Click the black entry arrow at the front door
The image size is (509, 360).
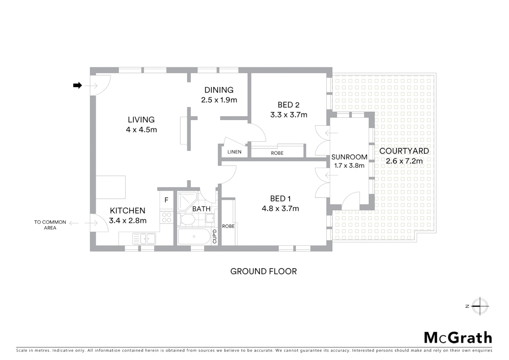point(77,86)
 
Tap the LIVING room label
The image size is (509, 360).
point(141,120)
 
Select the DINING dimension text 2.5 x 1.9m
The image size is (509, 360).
point(219,100)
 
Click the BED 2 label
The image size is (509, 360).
point(288,105)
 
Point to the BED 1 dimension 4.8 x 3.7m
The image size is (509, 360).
point(280,209)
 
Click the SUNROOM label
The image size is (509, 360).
point(349,157)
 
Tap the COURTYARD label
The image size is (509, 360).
point(404,151)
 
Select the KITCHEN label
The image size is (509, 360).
point(128,211)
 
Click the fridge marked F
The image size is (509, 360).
point(166,200)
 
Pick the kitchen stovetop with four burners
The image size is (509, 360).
point(166,217)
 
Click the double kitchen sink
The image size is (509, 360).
point(144,239)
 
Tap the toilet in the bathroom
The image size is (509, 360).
point(187,219)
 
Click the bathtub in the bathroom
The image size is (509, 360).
point(194,237)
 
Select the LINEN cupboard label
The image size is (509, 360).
point(234,152)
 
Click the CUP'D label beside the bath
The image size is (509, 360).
point(215,237)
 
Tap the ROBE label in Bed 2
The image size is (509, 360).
point(277,153)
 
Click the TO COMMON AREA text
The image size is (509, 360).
point(50,225)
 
